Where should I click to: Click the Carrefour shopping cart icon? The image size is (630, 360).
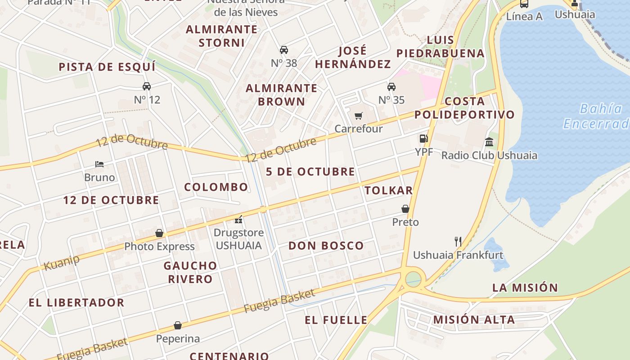pyautogui.click(x=359, y=116)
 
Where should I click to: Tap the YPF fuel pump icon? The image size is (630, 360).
pyautogui.click(x=423, y=139)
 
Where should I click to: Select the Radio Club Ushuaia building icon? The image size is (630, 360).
pyautogui.click(x=489, y=143)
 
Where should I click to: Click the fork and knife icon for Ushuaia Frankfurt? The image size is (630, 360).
pyautogui.click(x=458, y=242)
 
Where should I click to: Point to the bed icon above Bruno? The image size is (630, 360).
pyautogui.click(x=99, y=164)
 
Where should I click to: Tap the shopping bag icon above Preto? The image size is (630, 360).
pyautogui.click(x=405, y=209)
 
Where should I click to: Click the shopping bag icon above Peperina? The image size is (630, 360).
pyautogui.click(x=178, y=325)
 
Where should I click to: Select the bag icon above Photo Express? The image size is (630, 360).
pyautogui.click(x=159, y=233)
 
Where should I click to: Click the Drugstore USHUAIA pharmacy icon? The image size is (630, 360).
pyautogui.click(x=238, y=220)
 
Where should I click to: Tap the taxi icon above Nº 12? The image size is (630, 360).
pyautogui.click(x=147, y=86)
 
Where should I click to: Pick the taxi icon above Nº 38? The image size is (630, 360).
pyautogui.click(x=284, y=49)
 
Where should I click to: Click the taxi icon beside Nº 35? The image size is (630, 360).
pyautogui.click(x=391, y=86)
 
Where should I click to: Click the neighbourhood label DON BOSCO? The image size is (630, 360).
pyautogui.click(x=326, y=246)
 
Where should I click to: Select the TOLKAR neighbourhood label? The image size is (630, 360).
pyautogui.click(x=389, y=190)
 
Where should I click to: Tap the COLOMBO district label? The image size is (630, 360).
pyautogui.click(x=216, y=187)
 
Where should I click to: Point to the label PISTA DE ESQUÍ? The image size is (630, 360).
pyautogui.click(x=107, y=67)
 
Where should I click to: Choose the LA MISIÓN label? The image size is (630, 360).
pyautogui.click(x=525, y=288)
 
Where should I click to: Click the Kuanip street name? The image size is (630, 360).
pyautogui.click(x=62, y=262)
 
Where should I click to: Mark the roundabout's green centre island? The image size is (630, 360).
pyautogui.click(x=413, y=279)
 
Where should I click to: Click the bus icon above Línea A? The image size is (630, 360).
pyautogui.click(x=524, y=4)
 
